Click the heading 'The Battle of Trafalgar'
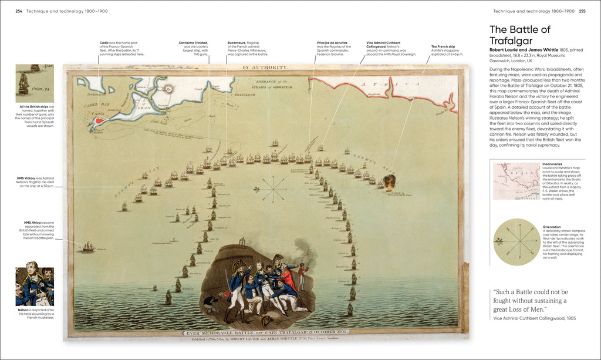pyautogui.click(x=520, y=35)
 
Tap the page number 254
pyautogui.click(x=18, y=11)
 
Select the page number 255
pyautogui.click(x=582, y=11)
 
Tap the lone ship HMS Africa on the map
pyautogui.click(x=88, y=247)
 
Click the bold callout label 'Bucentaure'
pyautogui.click(x=238, y=43)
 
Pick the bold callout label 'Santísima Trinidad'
pyautogui.click(x=193, y=43)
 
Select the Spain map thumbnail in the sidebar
pyautogui.click(x=516, y=180)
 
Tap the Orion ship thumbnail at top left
pyautogui.click(x=35, y=83)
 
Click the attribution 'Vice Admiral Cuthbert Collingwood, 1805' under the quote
pyautogui.click(x=534, y=318)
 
